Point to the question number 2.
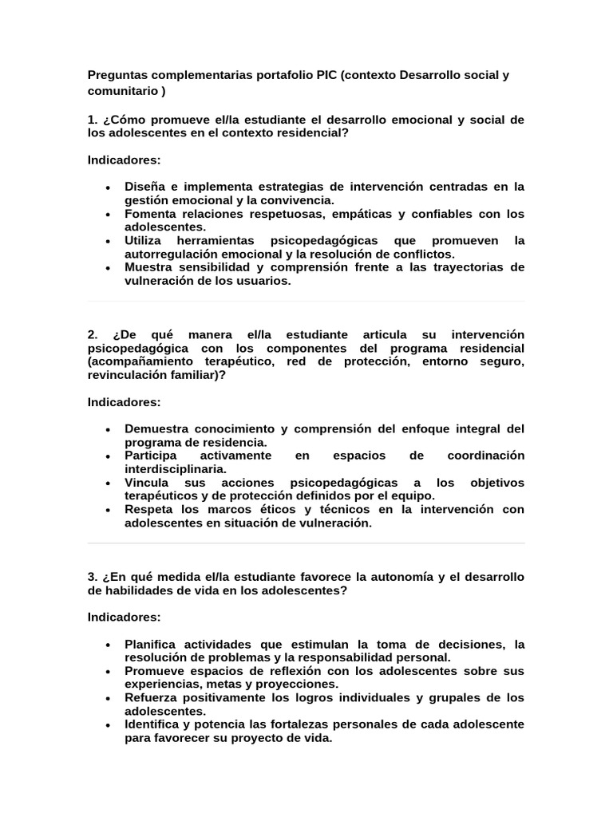(x=93, y=334)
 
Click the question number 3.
(x=93, y=576)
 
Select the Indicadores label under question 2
(x=124, y=402)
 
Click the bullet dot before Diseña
(x=108, y=187)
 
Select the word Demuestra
(x=159, y=428)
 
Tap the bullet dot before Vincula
(x=108, y=483)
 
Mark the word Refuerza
(x=152, y=697)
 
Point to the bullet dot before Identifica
(x=108, y=724)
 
